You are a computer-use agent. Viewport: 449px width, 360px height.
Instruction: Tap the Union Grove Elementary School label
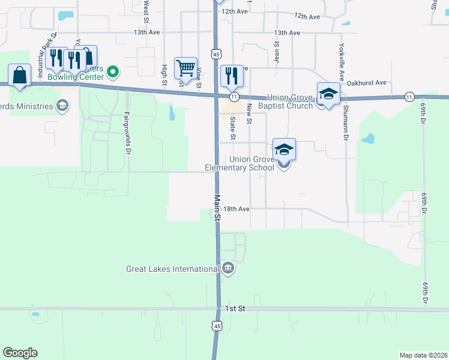pyautogui.click(x=252, y=163)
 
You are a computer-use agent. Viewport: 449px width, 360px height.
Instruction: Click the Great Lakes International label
pyautogui.click(x=172, y=269)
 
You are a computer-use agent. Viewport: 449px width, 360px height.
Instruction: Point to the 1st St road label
pyautogui.click(x=236, y=308)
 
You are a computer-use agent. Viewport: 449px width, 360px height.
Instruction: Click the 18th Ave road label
pyautogui.click(x=236, y=209)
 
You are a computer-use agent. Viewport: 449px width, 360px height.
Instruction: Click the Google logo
pyautogui.click(x=20, y=353)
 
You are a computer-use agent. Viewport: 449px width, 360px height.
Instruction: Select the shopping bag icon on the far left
pyautogui.click(x=20, y=75)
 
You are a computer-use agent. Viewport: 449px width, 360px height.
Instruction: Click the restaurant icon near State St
pyautogui.click(x=232, y=75)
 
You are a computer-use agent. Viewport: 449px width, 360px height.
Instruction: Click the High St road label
pyautogui.click(x=164, y=70)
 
